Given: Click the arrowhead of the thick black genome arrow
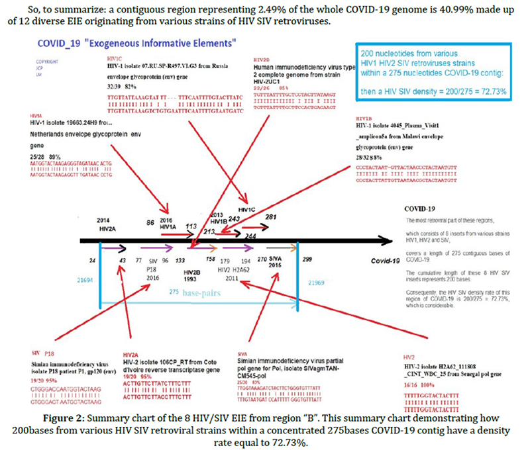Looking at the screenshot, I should point(390,239).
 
